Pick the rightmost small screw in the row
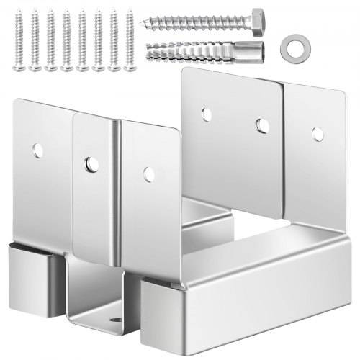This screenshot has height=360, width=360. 130,39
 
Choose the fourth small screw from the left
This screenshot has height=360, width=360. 66,40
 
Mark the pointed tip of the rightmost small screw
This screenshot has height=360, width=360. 130,10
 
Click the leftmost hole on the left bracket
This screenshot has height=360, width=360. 37,150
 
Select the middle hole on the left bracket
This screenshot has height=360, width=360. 90,164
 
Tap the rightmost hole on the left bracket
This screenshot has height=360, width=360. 148,174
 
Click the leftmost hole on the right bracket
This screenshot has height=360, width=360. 207,114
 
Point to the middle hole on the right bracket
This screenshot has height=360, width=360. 262,125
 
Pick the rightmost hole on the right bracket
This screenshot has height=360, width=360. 317,133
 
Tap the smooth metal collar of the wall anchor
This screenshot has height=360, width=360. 253,52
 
